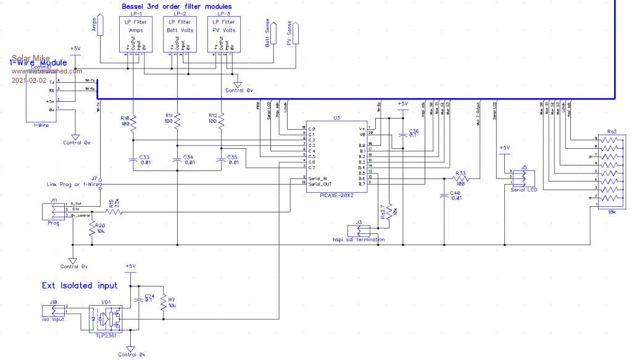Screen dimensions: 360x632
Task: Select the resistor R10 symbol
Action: [x=132, y=123]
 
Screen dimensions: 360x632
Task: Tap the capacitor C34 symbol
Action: [x=177, y=159]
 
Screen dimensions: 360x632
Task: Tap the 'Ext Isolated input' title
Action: [x=80, y=286]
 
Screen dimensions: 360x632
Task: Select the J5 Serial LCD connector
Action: [x=523, y=178]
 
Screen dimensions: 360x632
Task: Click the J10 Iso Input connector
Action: [x=54, y=311]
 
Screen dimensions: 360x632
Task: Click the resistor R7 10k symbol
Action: [x=164, y=303]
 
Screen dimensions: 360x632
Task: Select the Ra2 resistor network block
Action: [x=610, y=174]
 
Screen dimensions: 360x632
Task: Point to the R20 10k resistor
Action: [x=92, y=228]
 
